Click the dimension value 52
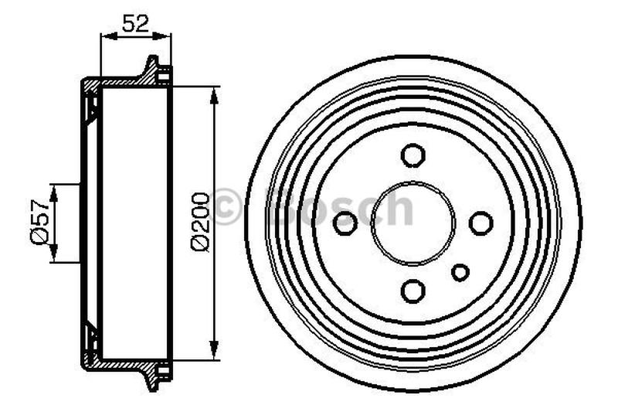click(x=135, y=22)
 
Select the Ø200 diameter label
click(x=199, y=221)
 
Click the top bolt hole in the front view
click(x=413, y=155)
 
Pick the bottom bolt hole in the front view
click(x=413, y=291)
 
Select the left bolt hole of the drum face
click(x=345, y=223)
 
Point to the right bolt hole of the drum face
click(x=480, y=223)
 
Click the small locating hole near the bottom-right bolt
click(x=460, y=272)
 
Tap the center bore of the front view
click(x=413, y=223)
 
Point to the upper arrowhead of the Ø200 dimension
click(x=214, y=94)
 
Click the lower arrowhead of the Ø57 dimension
click(x=53, y=257)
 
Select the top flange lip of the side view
click(x=151, y=66)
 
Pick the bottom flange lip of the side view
click(x=151, y=380)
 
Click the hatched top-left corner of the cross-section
click(x=90, y=83)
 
